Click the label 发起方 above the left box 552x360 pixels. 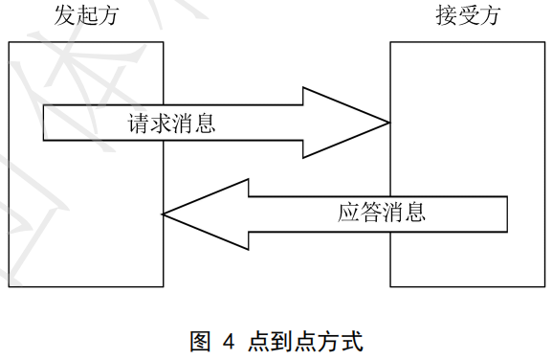pos(86,15)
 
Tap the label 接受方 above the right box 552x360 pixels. pos(468,15)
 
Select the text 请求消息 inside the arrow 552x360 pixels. pos(171,124)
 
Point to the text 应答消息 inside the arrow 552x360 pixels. pos(382,212)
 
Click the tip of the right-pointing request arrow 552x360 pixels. pos(389,123)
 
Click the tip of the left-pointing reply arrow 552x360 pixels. pos(163,214)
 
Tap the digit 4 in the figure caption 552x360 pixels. pos(229,342)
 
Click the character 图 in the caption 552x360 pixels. pos(200,341)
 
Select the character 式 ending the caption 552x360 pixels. pos(352,341)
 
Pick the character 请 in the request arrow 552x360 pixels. pos(138,124)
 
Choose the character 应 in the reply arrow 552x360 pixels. pos(348,212)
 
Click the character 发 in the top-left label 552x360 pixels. pos(65,15)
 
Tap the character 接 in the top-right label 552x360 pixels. pos(447,15)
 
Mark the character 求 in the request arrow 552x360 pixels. pos(160,124)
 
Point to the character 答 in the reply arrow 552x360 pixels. pos(370,212)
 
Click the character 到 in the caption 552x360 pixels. pos(282,341)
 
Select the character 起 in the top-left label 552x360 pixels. pos(87,15)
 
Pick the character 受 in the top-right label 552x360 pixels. pos(468,15)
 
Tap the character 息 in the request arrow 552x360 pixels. pos(205,124)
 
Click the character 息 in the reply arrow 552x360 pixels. pos(414,212)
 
